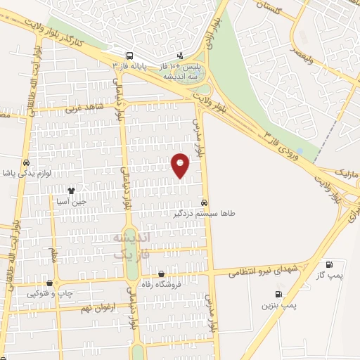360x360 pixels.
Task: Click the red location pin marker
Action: coord(180,165)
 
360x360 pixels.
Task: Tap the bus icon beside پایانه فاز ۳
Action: coord(129,56)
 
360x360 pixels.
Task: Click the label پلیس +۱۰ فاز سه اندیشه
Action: coord(179,69)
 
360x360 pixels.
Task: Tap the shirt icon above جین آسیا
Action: coord(70,190)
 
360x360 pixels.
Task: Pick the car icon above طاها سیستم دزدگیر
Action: coord(204,201)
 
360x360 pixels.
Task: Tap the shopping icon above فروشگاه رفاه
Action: coord(162,274)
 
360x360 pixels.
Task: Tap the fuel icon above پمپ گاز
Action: coord(328,265)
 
